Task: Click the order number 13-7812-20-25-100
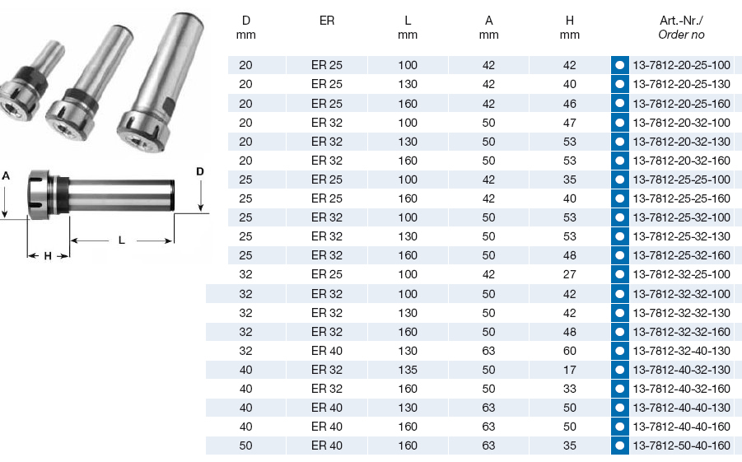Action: coord(681,65)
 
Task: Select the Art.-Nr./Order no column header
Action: coord(681,27)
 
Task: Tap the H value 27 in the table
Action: coord(570,274)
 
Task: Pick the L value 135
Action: coord(408,370)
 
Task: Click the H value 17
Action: coord(570,370)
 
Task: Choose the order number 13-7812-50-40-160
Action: coord(681,446)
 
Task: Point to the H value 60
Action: coord(570,351)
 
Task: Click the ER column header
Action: coord(327,21)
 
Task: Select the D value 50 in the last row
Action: coord(245,446)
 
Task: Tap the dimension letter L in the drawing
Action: coord(122,240)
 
